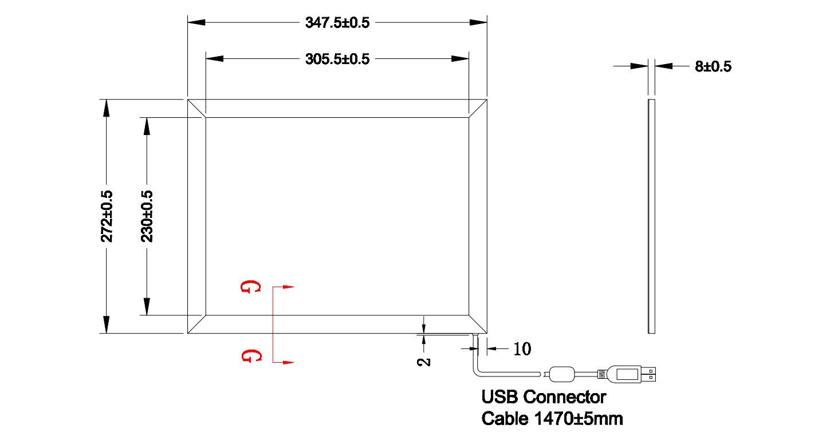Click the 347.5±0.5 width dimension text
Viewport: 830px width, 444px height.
(x=337, y=22)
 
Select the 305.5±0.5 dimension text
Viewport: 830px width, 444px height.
(x=337, y=59)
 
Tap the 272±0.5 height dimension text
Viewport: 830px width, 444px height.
(x=107, y=216)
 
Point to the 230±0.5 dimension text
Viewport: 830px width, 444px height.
(x=147, y=216)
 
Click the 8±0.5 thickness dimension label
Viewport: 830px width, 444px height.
(x=713, y=66)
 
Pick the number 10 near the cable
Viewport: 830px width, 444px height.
(x=522, y=349)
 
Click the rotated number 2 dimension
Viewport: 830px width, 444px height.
(x=424, y=362)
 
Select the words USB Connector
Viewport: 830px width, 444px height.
(x=544, y=397)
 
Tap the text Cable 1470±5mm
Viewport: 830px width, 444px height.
(x=552, y=418)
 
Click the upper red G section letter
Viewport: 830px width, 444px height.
(x=251, y=287)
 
